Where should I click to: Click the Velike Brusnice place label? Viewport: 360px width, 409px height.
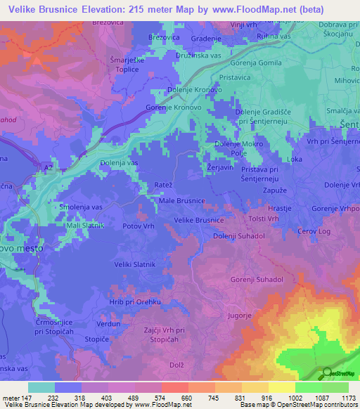click(x=199, y=220)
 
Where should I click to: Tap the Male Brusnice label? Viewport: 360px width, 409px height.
click(x=181, y=201)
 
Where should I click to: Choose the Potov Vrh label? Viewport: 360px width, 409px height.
click(x=138, y=226)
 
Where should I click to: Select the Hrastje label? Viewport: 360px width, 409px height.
click(x=280, y=209)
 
